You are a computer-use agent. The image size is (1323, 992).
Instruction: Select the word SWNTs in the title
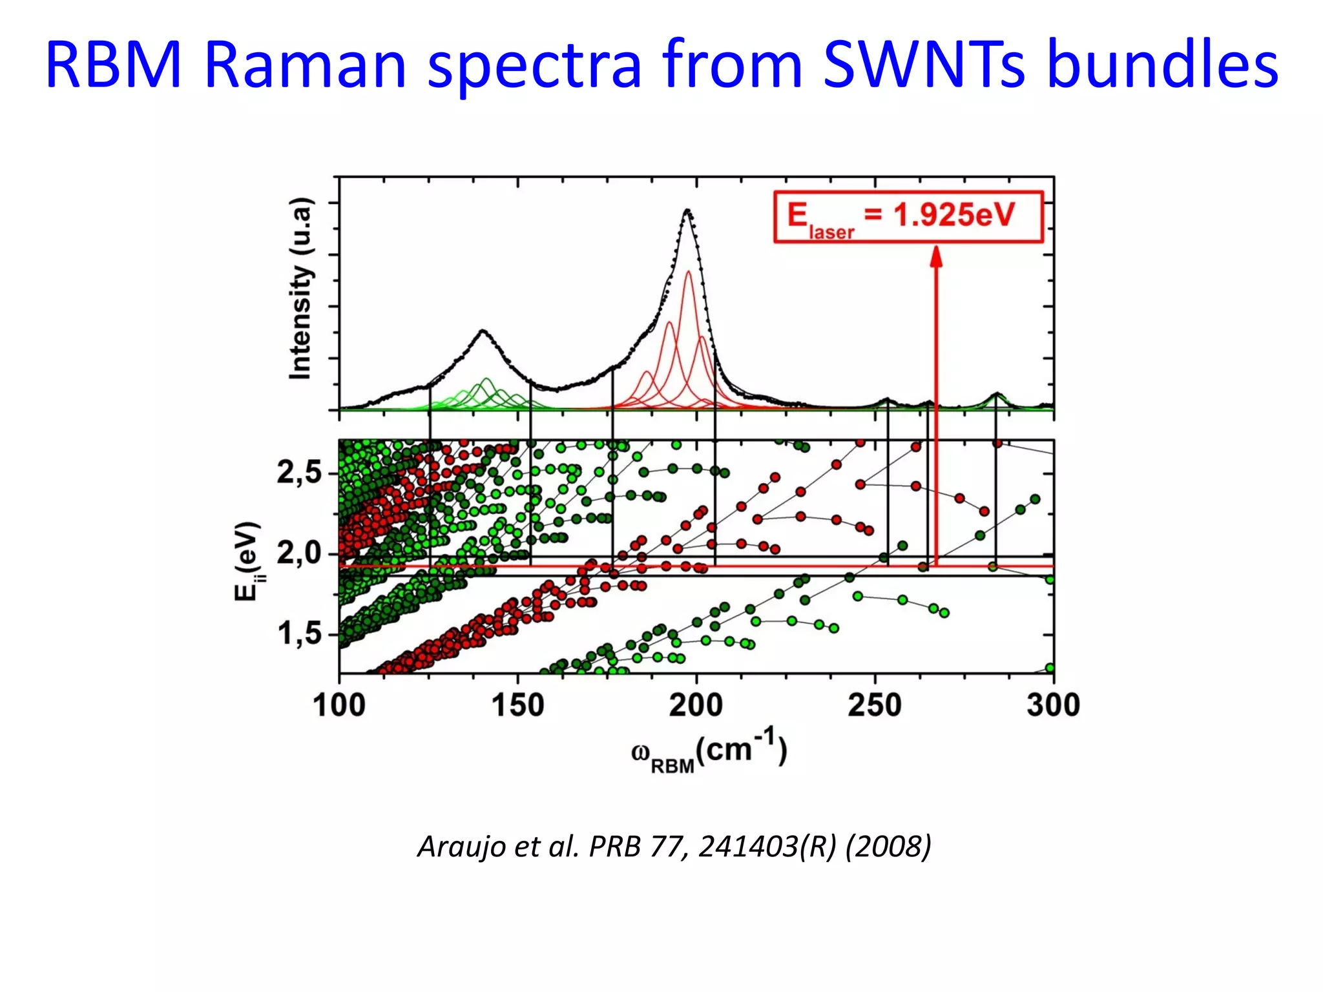[x=924, y=65]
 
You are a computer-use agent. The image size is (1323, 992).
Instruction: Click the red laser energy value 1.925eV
[x=954, y=215]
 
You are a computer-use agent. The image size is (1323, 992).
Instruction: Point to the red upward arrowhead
[x=936, y=256]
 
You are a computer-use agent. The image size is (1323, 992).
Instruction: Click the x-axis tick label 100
[x=339, y=705]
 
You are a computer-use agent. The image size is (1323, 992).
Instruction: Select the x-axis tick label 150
[x=517, y=705]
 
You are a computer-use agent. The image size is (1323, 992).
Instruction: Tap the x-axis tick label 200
[x=696, y=705]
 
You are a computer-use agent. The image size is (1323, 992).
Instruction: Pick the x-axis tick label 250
[x=875, y=705]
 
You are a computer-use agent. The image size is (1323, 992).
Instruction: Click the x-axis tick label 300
[x=1053, y=705]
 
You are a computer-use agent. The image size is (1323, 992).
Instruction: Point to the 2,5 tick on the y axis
[x=298, y=473]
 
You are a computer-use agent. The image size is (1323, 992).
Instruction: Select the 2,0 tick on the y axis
[x=298, y=553]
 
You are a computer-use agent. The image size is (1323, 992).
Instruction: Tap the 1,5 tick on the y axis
[x=298, y=634]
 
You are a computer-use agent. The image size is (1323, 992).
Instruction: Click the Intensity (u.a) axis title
[x=300, y=289]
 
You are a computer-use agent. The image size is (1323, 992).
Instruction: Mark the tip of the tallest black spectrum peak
[x=687, y=210]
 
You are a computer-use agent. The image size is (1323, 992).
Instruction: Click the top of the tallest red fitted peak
[x=689, y=271]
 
